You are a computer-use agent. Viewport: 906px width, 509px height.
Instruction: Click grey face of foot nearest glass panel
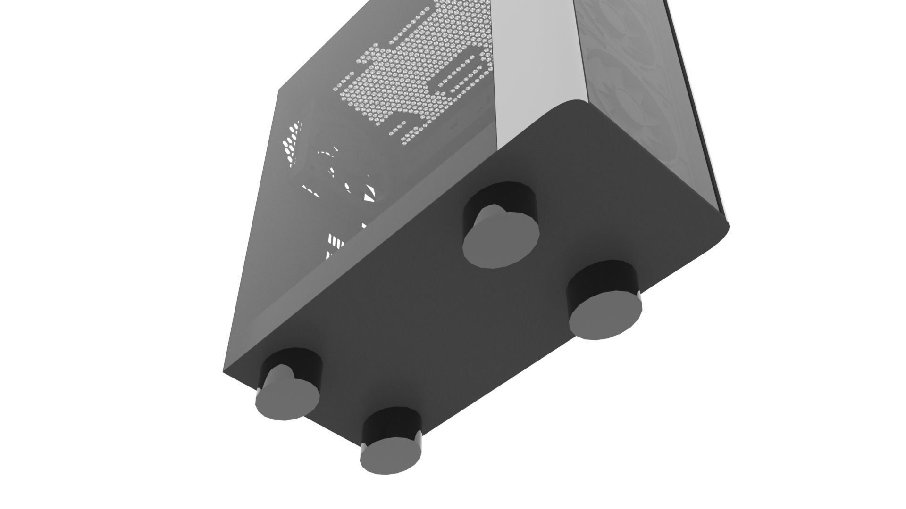(x=605, y=314)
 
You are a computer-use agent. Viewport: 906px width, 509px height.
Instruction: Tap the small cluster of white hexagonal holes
(x=293, y=141)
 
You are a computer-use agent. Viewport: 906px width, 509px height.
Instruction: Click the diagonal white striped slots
(x=336, y=240)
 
